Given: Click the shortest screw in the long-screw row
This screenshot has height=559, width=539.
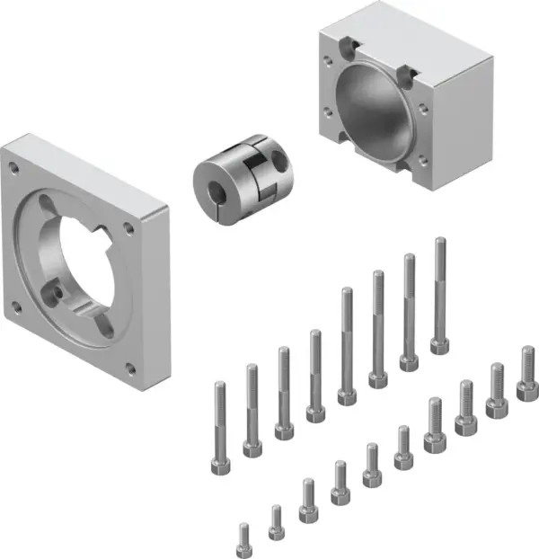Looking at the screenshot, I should coord(218,431).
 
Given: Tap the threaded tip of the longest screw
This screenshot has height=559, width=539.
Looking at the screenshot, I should coord(440,243).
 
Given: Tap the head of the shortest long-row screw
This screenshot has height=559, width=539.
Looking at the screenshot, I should coord(218,466).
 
